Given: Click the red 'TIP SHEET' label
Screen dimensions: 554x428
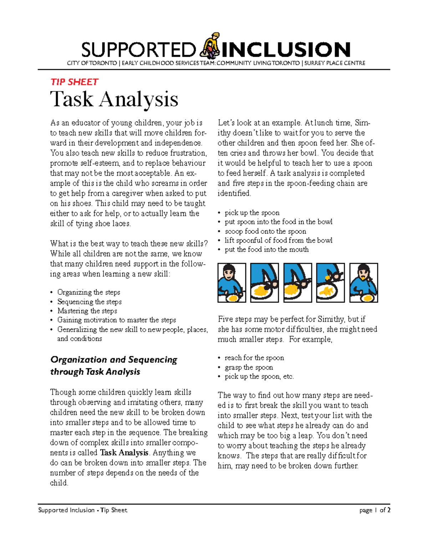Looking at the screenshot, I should [74, 82].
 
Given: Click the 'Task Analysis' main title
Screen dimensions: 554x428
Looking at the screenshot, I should [114, 99].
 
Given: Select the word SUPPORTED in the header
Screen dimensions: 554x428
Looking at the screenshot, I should [138, 50].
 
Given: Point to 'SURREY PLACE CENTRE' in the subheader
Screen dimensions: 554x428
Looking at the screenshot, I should [335, 63].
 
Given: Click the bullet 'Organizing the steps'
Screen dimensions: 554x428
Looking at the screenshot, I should [88, 292].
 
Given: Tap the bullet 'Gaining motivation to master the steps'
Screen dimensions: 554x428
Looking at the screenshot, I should [117, 320].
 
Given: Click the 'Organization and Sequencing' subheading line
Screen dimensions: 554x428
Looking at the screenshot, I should [114, 360].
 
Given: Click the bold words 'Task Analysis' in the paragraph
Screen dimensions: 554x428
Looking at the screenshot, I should [124, 453].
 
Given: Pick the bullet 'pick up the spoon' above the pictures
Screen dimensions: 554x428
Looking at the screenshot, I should [252, 213].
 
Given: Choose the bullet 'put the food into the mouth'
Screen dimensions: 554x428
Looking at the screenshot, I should [266, 249].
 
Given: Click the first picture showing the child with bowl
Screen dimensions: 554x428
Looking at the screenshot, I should [232, 283].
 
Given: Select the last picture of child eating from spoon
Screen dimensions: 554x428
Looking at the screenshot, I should [363, 283].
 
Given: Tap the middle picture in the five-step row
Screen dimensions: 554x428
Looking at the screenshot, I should [297, 283].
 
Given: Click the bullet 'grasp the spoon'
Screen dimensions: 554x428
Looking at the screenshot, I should [249, 367].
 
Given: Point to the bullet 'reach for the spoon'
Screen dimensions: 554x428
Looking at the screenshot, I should [254, 358].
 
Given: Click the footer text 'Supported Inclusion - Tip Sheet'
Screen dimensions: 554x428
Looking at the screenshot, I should [83, 510].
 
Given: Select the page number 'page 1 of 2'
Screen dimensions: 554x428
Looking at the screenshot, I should [374, 510].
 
